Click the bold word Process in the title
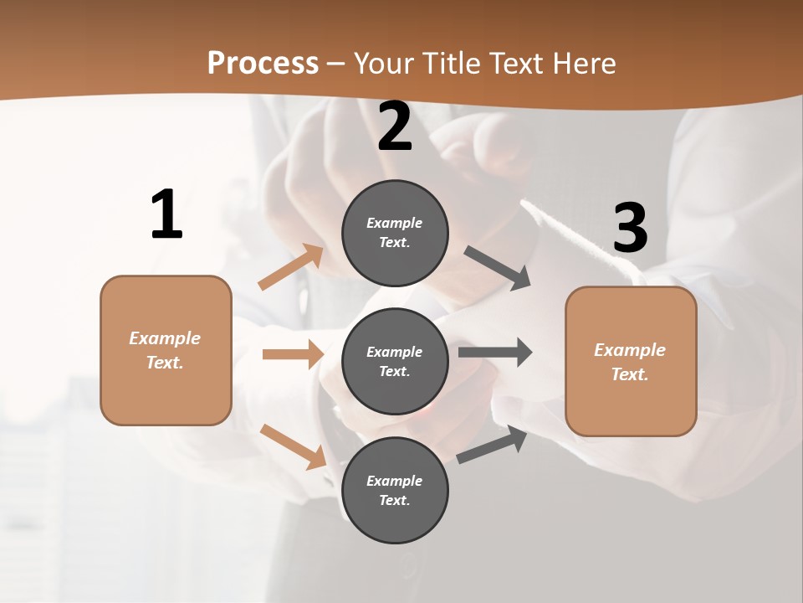coord(263,63)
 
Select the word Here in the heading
coord(582,63)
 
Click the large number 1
coord(166,214)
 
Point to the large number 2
coord(395,126)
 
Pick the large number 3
coord(630,228)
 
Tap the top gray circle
coord(395,233)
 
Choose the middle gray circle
coord(395,361)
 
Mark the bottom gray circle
coord(395,490)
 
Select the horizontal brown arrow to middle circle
coord(292,354)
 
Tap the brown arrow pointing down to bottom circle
coord(294,446)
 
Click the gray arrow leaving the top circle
coord(497,268)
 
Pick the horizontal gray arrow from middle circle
coord(494,352)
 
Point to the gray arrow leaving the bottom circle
coord(492,445)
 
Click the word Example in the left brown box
coord(165,338)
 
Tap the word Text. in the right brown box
coord(630,374)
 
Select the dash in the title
coord(336,64)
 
